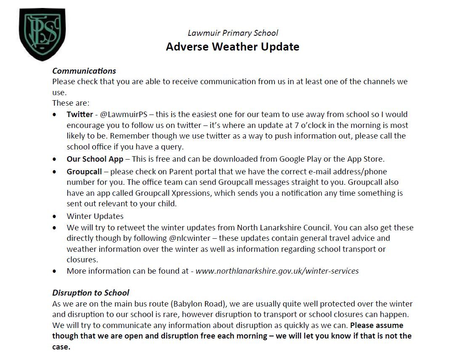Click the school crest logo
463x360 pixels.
click(x=42, y=34)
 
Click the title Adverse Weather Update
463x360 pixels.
click(x=232, y=47)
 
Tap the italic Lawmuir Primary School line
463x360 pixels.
click(x=233, y=33)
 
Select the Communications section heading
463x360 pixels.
click(x=84, y=71)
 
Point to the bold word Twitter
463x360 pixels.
click(x=80, y=115)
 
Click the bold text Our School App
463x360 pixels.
click(x=95, y=159)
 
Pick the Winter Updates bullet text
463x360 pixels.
click(x=95, y=216)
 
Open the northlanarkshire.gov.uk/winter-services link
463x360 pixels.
click(x=277, y=271)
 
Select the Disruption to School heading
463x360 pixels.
click(x=90, y=293)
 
